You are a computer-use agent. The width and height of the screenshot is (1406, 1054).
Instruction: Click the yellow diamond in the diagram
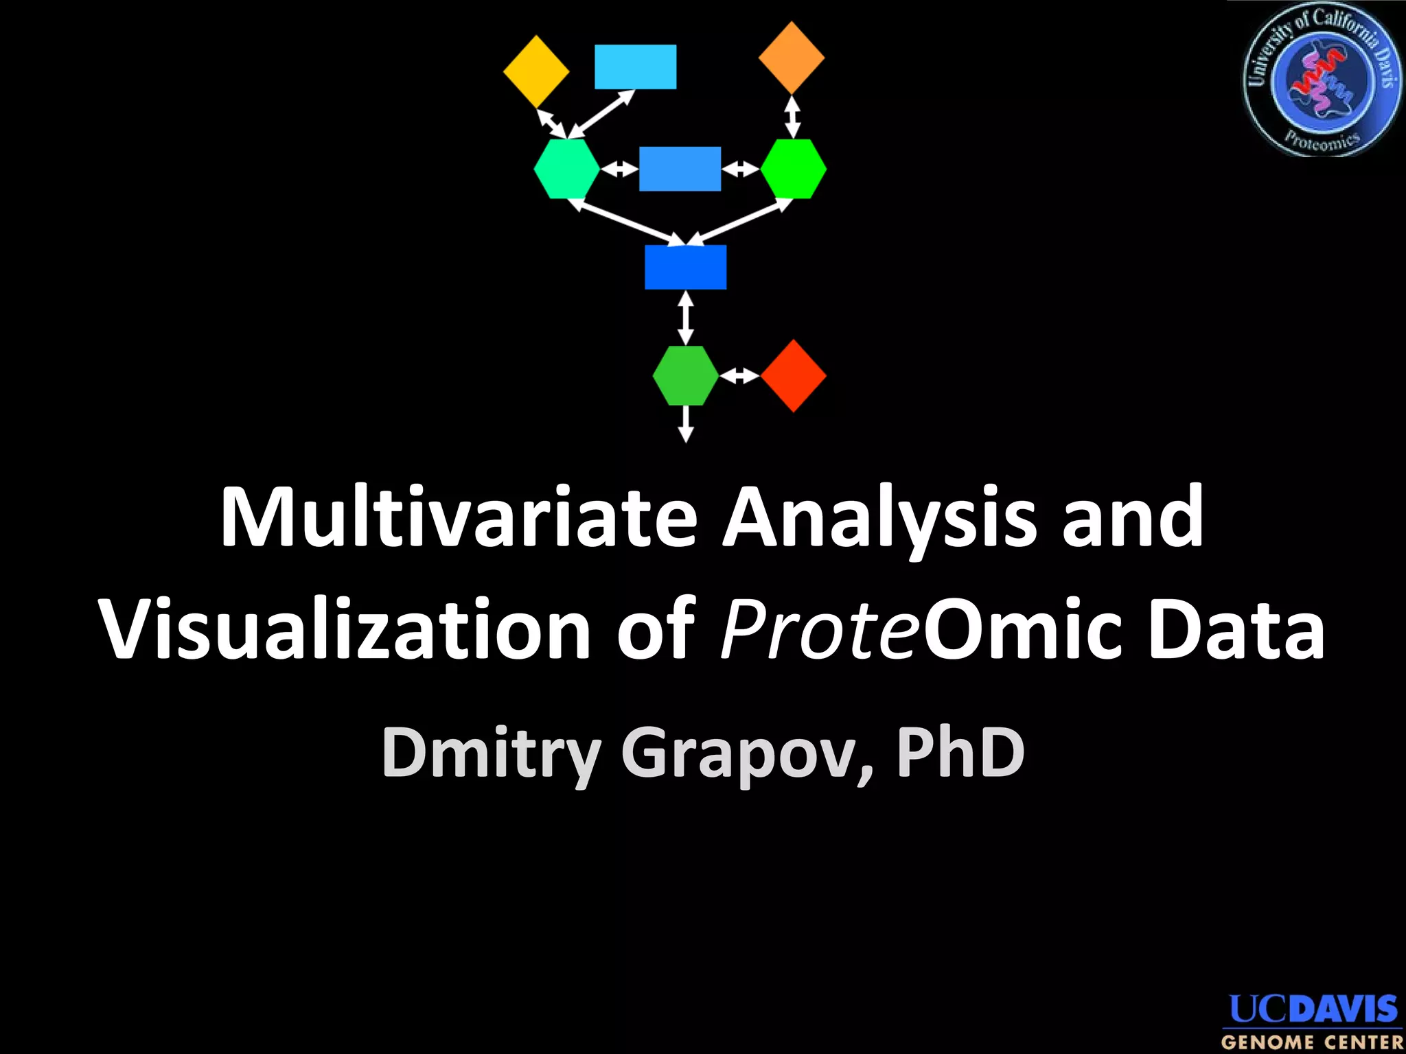coord(536,71)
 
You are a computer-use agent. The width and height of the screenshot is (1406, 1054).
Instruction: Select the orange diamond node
coord(792,58)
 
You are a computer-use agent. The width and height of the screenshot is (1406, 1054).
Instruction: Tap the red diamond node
coord(794,375)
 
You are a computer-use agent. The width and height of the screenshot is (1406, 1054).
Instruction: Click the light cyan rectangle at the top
coord(635,67)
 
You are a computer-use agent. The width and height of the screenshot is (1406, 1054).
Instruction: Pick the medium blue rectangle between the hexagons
coord(680,168)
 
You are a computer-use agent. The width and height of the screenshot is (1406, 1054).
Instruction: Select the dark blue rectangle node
coord(685,267)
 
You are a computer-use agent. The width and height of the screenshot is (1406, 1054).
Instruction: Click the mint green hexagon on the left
coord(567,169)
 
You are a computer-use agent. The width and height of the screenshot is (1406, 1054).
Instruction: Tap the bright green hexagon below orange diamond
coord(794,169)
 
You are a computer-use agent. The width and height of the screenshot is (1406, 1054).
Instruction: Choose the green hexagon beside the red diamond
coord(685,375)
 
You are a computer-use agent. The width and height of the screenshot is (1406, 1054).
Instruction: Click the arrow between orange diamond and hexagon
coord(792,117)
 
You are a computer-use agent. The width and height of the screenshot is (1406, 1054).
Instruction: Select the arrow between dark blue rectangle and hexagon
coord(685,318)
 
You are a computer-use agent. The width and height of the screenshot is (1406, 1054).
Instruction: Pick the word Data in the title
coord(1236,629)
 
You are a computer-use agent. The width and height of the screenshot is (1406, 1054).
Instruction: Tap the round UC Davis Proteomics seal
coord(1321,80)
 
